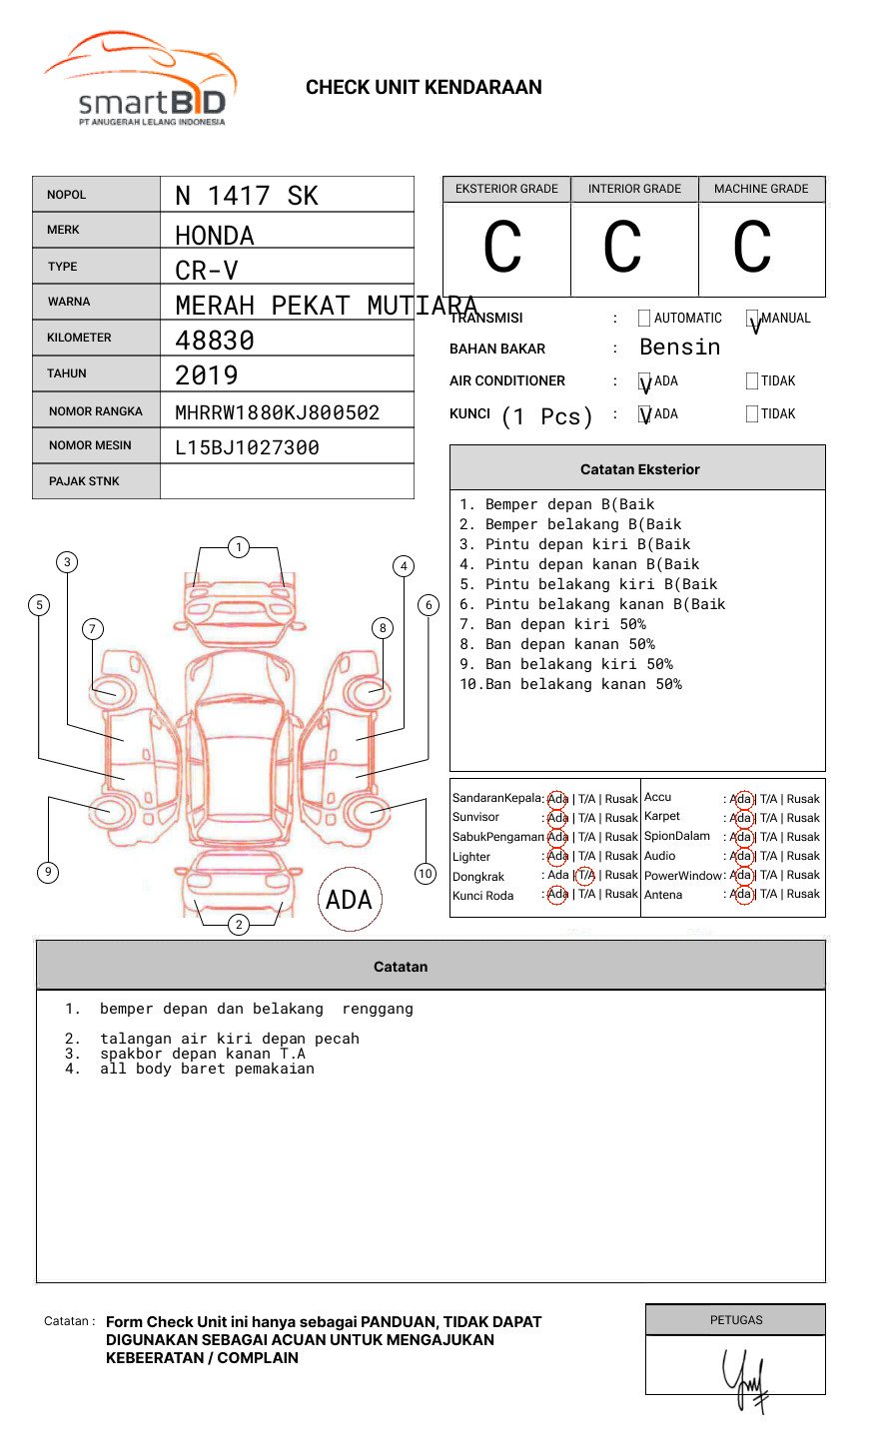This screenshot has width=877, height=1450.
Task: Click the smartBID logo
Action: [140, 80]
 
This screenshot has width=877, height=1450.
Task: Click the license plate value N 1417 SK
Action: [247, 196]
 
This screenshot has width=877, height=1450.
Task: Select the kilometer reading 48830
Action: [215, 341]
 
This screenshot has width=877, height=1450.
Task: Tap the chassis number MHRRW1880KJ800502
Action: [277, 412]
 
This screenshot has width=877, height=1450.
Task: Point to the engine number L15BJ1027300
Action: [247, 447]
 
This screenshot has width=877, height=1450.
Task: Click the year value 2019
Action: [207, 375]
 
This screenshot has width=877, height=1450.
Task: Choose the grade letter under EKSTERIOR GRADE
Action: [503, 247]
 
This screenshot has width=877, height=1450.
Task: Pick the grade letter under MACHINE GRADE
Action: [752, 247]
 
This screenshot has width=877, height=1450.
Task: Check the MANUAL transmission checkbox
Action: [752, 319]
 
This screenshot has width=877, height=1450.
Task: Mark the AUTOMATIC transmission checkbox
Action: [644, 319]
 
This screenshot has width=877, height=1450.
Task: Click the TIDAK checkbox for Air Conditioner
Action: [752, 381]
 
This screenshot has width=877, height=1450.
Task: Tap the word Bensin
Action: [679, 348]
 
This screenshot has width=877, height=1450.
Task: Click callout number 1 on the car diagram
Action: [238, 547]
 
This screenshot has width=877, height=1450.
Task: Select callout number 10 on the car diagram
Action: [426, 874]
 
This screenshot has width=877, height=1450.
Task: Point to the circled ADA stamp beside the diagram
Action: [350, 900]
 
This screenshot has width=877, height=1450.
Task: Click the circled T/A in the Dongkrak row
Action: [585, 876]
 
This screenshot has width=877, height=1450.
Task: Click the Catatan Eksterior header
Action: [639, 469]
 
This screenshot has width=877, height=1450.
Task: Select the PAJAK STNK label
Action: [84, 481]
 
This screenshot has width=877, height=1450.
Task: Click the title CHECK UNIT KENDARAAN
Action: [424, 88]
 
